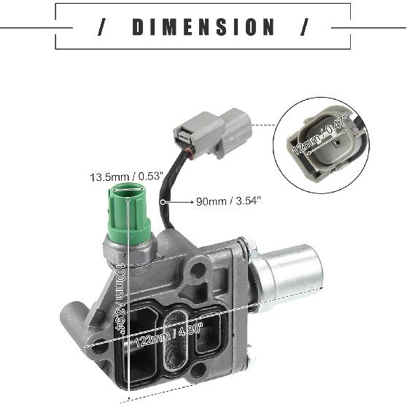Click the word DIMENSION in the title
tap(204, 28)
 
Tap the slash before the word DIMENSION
tap(103, 28)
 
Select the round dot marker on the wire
tap(165, 200)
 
